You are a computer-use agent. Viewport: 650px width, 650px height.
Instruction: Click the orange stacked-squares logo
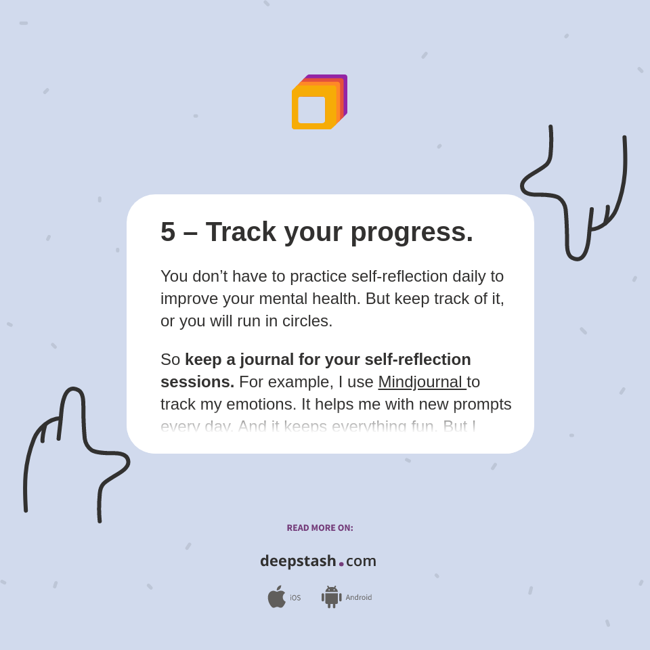[318, 102]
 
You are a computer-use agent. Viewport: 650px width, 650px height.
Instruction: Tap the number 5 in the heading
[168, 232]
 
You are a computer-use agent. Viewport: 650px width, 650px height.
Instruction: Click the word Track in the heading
[241, 232]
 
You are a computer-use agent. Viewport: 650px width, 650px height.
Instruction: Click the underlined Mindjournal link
[421, 382]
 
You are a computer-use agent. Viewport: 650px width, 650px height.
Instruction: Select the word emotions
[260, 404]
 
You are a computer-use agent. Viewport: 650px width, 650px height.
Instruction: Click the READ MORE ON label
[320, 528]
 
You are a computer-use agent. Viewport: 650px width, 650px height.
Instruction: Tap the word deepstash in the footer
[298, 561]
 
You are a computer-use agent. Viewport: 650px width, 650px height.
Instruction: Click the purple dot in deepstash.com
[341, 564]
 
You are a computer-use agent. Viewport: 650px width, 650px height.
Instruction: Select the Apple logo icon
[276, 597]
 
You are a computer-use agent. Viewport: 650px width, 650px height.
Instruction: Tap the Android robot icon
[332, 597]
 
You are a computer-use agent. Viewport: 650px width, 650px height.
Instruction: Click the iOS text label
[295, 598]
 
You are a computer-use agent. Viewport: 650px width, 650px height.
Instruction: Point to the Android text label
[358, 598]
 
